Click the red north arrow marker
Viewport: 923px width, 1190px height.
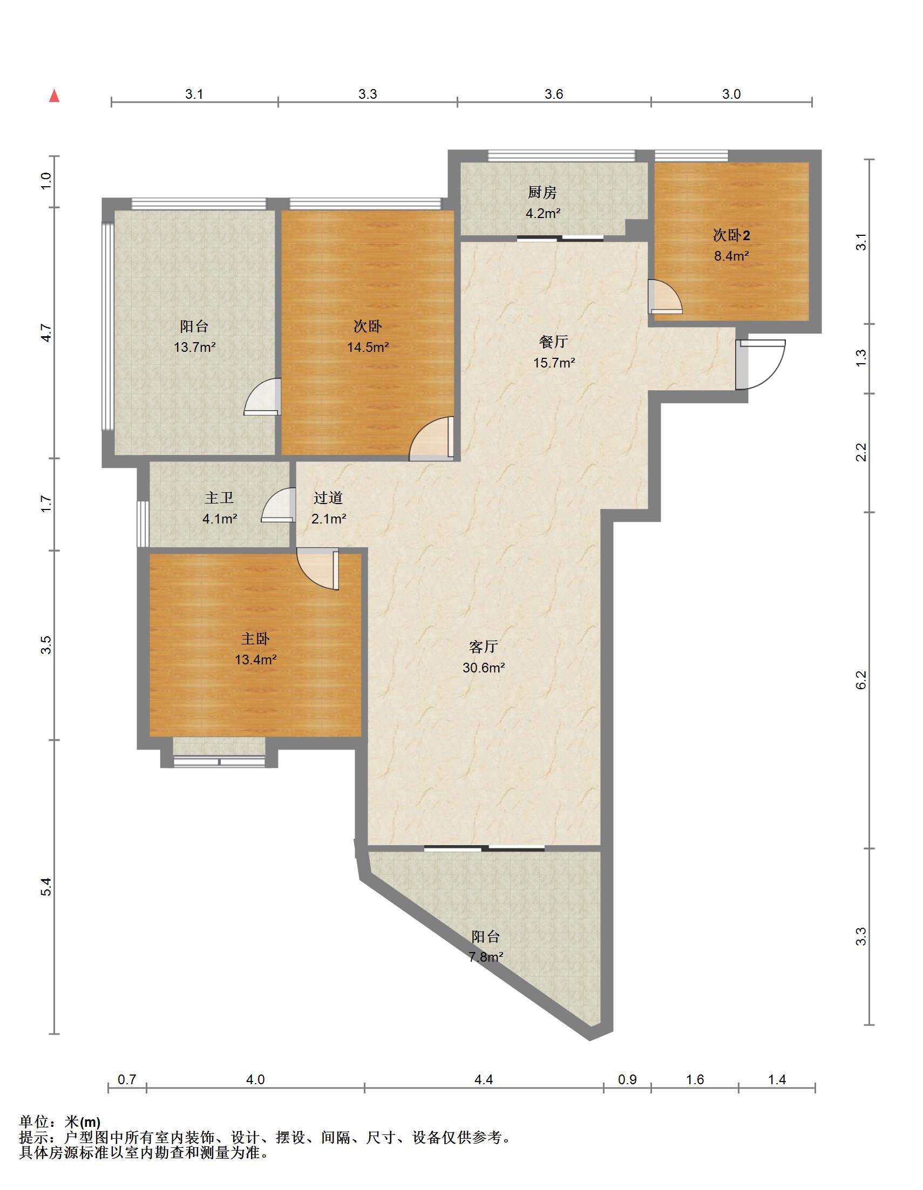[x=54, y=96]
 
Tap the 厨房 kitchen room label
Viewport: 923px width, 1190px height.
[x=542, y=192]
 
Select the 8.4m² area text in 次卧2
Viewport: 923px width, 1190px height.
[x=731, y=256]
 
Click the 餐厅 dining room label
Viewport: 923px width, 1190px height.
[x=554, y=342]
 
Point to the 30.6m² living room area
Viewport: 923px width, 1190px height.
[x=484, y=667]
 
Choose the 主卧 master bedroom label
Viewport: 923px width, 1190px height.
[x=255, y=638]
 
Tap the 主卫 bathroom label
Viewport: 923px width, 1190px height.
[x=219, y=498]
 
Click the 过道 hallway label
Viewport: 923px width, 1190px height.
[x=328, y=498]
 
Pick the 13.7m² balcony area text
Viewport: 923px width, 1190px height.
[x=194, y=346]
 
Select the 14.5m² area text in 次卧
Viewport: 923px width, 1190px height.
[x=368, y=346]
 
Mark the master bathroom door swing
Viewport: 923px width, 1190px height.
[x=279, y=505]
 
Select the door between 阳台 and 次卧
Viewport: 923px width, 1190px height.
[x=262, y=397]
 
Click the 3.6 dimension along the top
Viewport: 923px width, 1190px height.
[x=554, y=94]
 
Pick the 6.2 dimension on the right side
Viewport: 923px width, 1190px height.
[x=860, y=680]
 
